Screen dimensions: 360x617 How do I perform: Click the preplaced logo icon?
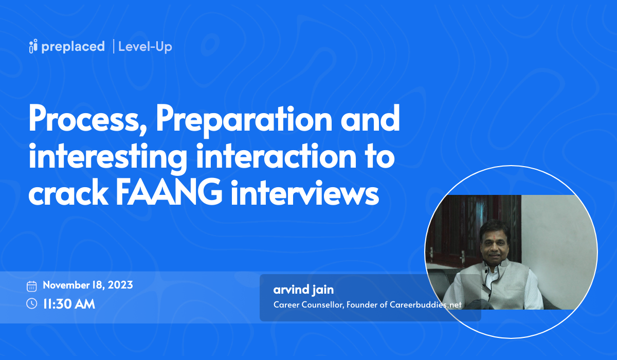tap(34, 46)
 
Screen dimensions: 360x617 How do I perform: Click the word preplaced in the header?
tap(74, 46)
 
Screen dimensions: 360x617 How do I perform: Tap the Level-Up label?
tap(145, 46)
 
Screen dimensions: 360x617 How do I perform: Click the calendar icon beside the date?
tap(31, 286)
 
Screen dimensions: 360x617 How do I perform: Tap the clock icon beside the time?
tap(31, 303)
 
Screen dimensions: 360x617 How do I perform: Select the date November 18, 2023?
tap(88, 285)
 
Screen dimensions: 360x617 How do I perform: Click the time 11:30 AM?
tap(69, 303)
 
